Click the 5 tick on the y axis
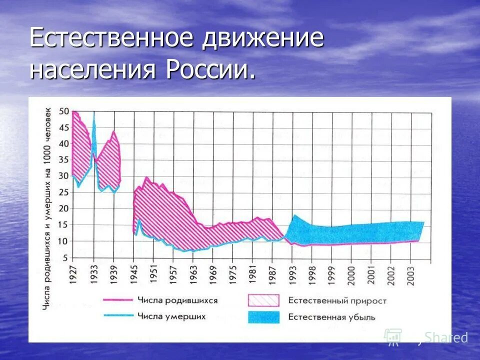65,257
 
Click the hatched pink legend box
263,300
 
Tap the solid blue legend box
263,316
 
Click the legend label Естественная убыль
331,316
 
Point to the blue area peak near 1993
295,215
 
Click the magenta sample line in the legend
118,300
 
